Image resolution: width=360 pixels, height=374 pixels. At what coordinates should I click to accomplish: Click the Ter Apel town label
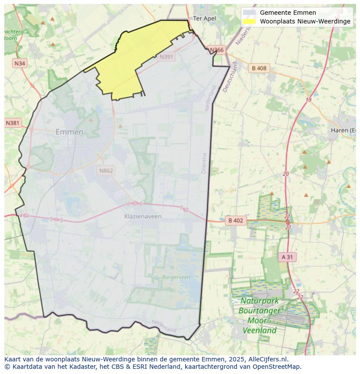click(204, 18)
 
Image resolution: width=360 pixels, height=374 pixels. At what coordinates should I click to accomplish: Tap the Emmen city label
click(69, 132)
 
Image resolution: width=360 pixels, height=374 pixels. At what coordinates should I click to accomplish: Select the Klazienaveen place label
click(143, 216)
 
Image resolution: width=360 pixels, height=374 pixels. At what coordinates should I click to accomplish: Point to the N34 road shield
click(20, 63)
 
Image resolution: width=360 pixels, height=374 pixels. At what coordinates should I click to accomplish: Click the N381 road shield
click(13, 123)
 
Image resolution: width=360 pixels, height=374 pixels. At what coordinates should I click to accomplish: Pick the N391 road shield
click(166, 57)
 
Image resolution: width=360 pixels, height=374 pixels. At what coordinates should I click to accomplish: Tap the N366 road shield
click(217, 50)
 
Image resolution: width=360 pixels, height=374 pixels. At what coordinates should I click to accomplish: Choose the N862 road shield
click(106, 170)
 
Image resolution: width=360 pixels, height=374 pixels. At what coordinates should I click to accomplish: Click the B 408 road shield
click(259, 68)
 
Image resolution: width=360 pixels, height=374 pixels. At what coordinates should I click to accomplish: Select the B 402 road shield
click(235, 221)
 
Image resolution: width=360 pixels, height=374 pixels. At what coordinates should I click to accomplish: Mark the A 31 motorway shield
click(287, 257)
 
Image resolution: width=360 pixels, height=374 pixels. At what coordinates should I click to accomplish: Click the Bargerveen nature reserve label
click(176, 277)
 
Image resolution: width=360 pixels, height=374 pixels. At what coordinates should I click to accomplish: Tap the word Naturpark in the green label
click(260, 301)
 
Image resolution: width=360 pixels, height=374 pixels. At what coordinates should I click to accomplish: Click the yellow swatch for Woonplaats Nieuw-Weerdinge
click(249, 21)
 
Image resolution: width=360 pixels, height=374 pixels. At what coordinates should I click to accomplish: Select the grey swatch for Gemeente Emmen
click(249, 13)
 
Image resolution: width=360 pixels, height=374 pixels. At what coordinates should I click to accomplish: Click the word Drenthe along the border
click(204, 163)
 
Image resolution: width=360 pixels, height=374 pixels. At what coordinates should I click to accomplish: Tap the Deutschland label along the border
click(230, 76)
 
